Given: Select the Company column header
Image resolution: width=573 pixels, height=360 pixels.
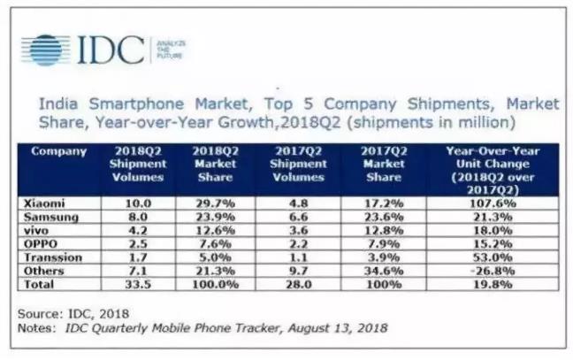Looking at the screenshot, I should point(58,151).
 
